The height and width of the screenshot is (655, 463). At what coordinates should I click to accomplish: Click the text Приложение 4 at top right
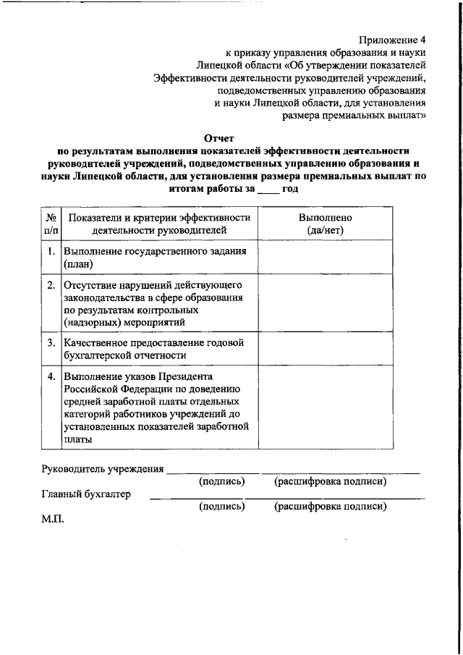tap(391, 41)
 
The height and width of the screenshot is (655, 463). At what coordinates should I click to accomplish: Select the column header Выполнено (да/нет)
tap(325, 224)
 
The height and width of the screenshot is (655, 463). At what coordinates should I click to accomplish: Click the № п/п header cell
tap(51, 224)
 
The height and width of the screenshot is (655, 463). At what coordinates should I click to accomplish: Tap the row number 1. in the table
tap(51, 252)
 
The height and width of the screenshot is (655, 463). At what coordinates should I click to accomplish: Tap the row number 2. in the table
tap(51, 284)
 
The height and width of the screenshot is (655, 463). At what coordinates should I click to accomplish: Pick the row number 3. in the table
tap(51, 342)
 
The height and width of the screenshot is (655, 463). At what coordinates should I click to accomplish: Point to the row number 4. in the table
tap(51, 376)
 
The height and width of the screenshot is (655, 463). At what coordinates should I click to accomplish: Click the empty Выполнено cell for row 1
tap(325, 258)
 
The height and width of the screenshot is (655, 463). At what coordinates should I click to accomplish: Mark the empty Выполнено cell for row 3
tap(325, 349)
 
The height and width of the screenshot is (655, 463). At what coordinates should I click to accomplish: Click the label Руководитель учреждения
tap(102, 468)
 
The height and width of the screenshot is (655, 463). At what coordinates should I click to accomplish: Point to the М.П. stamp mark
tap(54, 519)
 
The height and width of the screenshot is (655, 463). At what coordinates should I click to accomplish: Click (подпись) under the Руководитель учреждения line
tap(222, 481)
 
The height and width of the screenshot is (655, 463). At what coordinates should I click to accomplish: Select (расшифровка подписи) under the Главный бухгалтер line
tap(330, 507)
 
